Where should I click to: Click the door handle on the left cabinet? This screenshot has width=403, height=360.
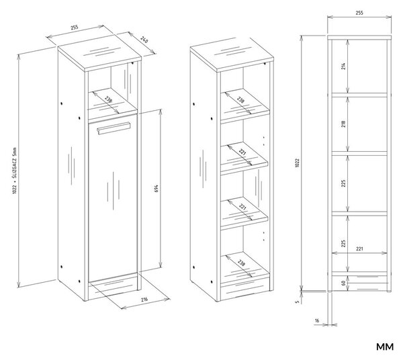[x=114, y=128]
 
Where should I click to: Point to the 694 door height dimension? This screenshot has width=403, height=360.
[x=156, y=188]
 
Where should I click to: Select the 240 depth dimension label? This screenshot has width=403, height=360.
[x=144, y=40]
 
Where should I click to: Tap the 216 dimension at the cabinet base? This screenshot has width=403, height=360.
[x=144, y=299]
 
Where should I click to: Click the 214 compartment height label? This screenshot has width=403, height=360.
[x=344, y=66]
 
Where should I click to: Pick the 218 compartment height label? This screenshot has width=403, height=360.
[x=344, y=124]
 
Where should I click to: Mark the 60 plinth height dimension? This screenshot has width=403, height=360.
[x=343, y=283]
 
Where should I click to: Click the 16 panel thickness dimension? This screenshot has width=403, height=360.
[x=317, y=320]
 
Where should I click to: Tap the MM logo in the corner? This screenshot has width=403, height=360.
[x=385, y=347]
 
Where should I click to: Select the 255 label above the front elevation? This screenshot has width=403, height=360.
[x=359, y=13]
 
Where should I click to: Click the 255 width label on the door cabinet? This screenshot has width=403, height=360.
[x=74, y=28]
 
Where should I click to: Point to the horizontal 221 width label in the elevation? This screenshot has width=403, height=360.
[x=359, y=249]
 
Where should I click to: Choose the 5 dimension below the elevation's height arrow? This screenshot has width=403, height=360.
[x=298, y=302]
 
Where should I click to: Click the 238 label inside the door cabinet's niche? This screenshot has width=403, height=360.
[x=108, y=99]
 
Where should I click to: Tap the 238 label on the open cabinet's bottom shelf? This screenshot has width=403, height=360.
[x=241, y=263]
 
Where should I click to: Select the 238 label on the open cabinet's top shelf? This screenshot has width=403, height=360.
[x=240, y=99]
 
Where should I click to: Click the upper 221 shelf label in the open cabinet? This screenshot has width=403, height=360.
[x=242, y=152]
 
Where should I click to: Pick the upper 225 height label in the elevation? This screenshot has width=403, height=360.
[x=344, y=183]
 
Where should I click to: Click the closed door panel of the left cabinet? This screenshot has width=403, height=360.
[x=113, y=198]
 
